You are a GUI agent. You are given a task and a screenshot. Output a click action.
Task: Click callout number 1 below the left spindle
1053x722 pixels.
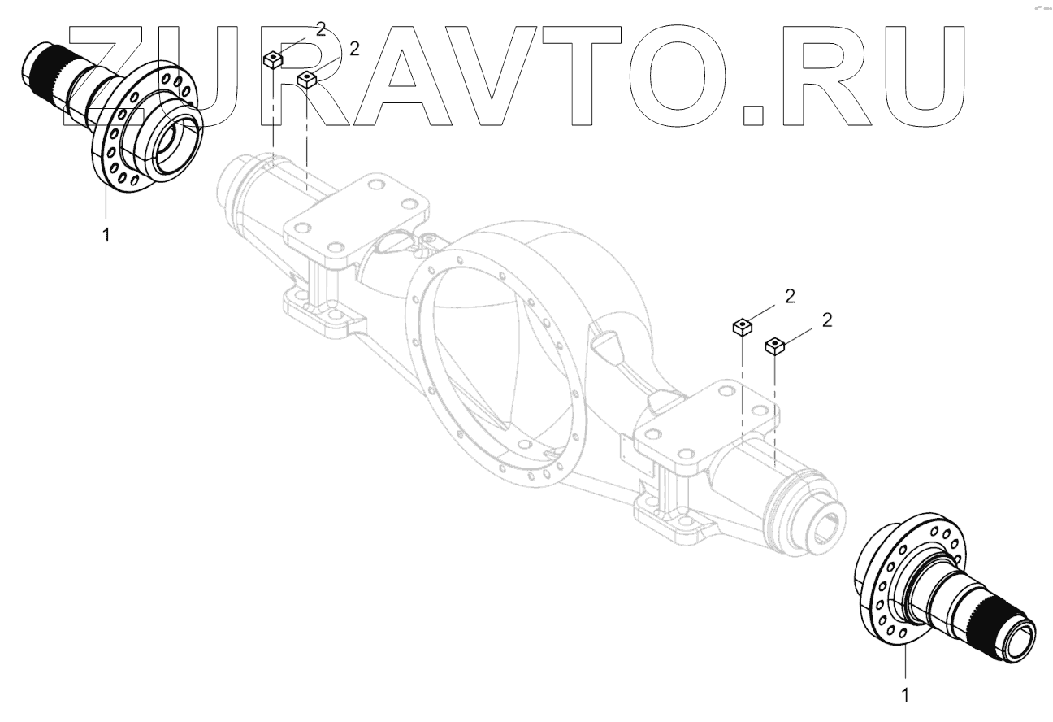(106, 235)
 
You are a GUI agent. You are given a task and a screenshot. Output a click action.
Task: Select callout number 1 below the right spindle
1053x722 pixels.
(905, 695)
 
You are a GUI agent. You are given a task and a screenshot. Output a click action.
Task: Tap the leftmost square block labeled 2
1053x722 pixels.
(272, 60)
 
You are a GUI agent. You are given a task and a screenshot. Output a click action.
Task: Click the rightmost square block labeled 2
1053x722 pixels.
(775, 346)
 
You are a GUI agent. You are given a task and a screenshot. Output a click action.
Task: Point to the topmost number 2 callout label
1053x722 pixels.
(321, 29)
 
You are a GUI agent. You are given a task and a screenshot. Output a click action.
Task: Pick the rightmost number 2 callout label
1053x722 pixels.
(827, 320)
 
